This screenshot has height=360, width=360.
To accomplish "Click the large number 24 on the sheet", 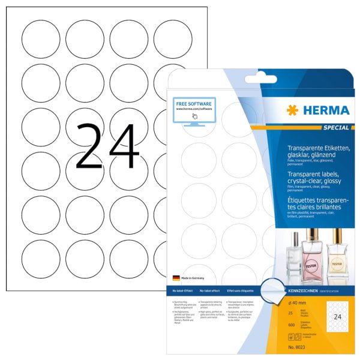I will pos(107,146).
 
